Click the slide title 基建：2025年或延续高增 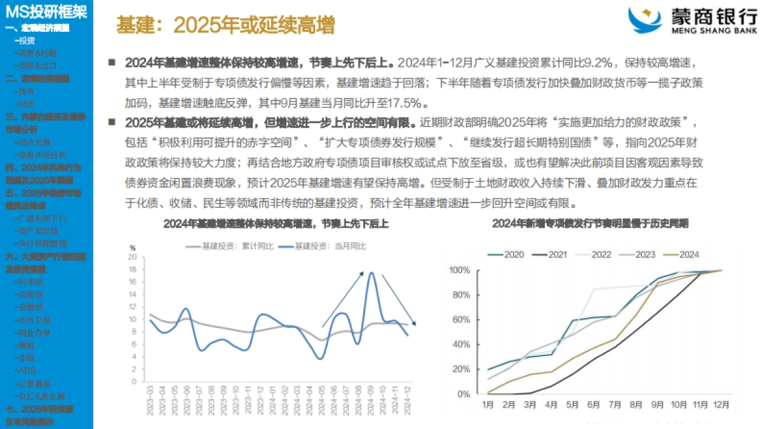click(225, 25)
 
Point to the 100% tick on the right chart click(459, 270)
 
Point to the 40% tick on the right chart click(460, 344)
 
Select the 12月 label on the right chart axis click(721, 404)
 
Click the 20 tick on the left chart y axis click(133, 257)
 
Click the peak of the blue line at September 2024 click(371, 273)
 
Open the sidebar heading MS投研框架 click(46, 11)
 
